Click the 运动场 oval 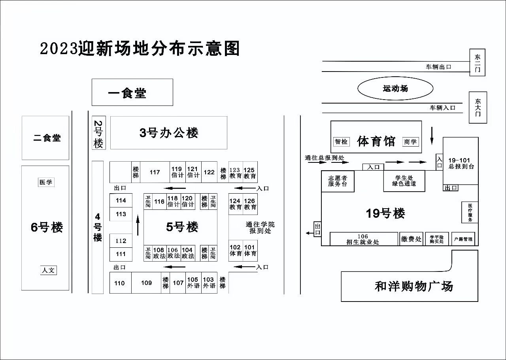click(395, 89)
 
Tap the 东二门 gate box click(477, 62)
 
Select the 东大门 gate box click(478, 107)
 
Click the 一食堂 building click(132, 92)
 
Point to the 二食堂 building click(45, 138)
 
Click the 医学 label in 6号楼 click(46, 182)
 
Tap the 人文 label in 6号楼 click(49, 270)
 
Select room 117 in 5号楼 click(155, 172)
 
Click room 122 click(209, 172)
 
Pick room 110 click(120, 283)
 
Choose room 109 click(146, 283)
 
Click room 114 click(121, 200)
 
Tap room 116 click(159, 202)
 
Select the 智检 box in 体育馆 click(341, 141)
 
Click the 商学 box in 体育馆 click(410, 141)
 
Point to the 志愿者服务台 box click(338, 181)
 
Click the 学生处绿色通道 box click(404, 181)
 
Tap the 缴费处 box click(411, 239)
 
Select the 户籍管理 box click(463, 239)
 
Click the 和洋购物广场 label click(413, 286)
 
